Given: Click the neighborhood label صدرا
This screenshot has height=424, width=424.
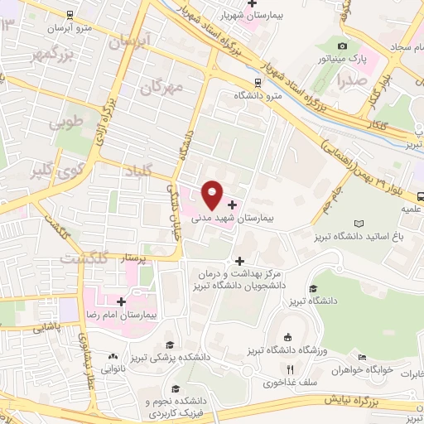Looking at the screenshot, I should (x=351, y=81).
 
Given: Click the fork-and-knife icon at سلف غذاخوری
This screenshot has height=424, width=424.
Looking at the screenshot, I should (x=290, y=370).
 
